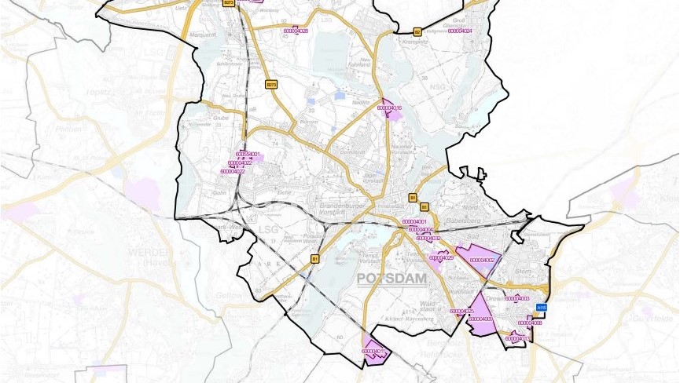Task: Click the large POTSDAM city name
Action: pyautogui.click(x=391, y=279)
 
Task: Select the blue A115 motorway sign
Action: pyautogui.click(x=541, y=308)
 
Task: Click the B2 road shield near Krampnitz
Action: pyautogui.click(x=418, y=31)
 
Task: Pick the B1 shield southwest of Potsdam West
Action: pyautogui.click(x=315, y=257)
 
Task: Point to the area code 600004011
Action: pyautogui.click(x=375, y=351)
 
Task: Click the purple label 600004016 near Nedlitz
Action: pyautogui.click(x=390, y=108)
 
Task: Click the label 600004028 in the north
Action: pyautogui.click(x=295, y=31)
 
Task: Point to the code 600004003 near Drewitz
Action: pyautogui.click(x=516, y=298)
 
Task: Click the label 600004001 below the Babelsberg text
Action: pyautogui.click(x=414, y=222)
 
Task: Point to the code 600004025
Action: pyautogui.click(x=461, y=311)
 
